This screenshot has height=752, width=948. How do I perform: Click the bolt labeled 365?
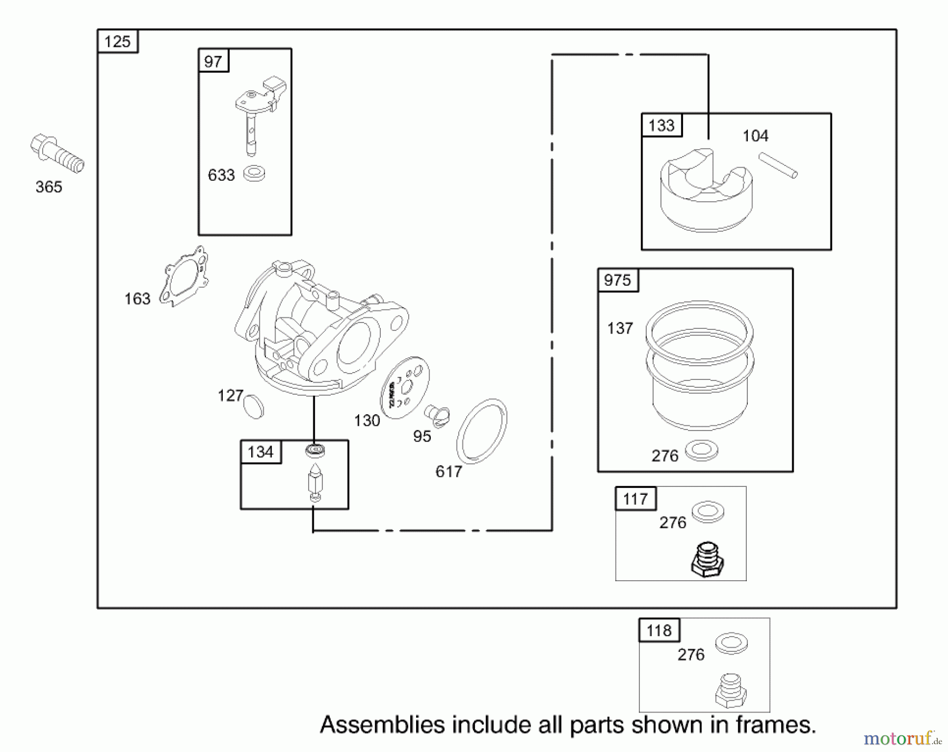point(57,153)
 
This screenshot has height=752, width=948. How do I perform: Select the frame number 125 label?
point(117,42)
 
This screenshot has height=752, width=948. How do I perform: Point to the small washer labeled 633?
point(254,173)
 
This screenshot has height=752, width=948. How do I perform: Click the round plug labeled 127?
point(254,406)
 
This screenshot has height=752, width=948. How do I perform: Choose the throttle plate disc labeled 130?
point(405,387)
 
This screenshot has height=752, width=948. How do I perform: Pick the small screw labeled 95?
point(437,415)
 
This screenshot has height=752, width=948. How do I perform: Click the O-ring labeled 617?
point(481,431)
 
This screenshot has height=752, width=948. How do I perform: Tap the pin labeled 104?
point(778,165)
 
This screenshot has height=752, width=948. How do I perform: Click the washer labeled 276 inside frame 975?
point(702,450)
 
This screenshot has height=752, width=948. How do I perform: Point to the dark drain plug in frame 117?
point(707,560)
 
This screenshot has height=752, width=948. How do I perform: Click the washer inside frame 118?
point(731,643)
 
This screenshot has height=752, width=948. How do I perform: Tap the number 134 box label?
point(261,452)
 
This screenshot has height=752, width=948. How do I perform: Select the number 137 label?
point(620,328)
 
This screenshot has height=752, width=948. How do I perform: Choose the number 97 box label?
point(213,62)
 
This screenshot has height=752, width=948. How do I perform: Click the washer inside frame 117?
point(708,511)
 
